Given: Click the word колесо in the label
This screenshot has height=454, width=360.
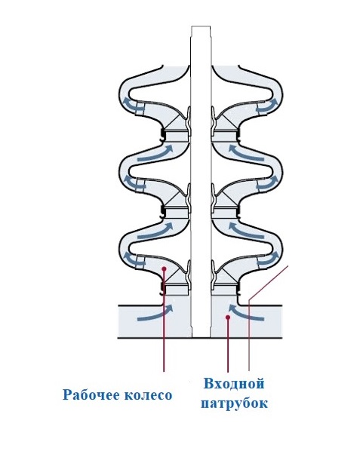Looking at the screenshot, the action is [x=149, y=395].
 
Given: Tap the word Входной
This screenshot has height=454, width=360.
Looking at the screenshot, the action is [x=234, y=384].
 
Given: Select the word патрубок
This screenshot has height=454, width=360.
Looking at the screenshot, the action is [x=234, y=403].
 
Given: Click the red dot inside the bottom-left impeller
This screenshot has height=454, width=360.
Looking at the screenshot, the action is [x=164, y=268].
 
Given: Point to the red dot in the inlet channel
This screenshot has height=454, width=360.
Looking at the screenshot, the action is [x=228, y=317].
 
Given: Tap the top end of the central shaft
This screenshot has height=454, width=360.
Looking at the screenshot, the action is [x=201, y=26].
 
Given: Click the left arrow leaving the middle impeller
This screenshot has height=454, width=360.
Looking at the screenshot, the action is [x=134, y=183].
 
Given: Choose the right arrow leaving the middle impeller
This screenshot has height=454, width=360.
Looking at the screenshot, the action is [x=267, y=183].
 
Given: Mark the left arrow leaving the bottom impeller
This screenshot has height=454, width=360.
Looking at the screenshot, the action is [x=134, y=259].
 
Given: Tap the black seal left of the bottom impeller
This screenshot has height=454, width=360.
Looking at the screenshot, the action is [x=163, y=290].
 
